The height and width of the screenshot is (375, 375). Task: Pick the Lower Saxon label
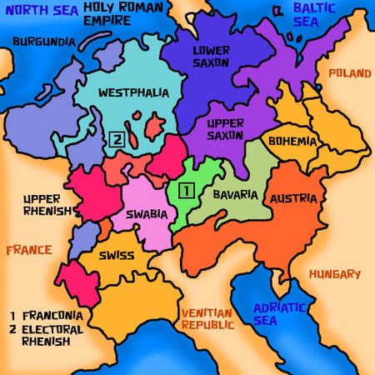point(212,57)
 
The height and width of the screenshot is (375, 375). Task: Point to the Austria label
point(292,198)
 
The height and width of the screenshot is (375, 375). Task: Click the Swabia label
point(147,214)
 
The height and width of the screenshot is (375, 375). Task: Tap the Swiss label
point(117,256)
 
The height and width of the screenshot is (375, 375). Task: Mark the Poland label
point(349,73)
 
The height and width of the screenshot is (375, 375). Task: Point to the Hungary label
point(334,273)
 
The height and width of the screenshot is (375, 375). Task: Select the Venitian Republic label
point(208,318)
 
